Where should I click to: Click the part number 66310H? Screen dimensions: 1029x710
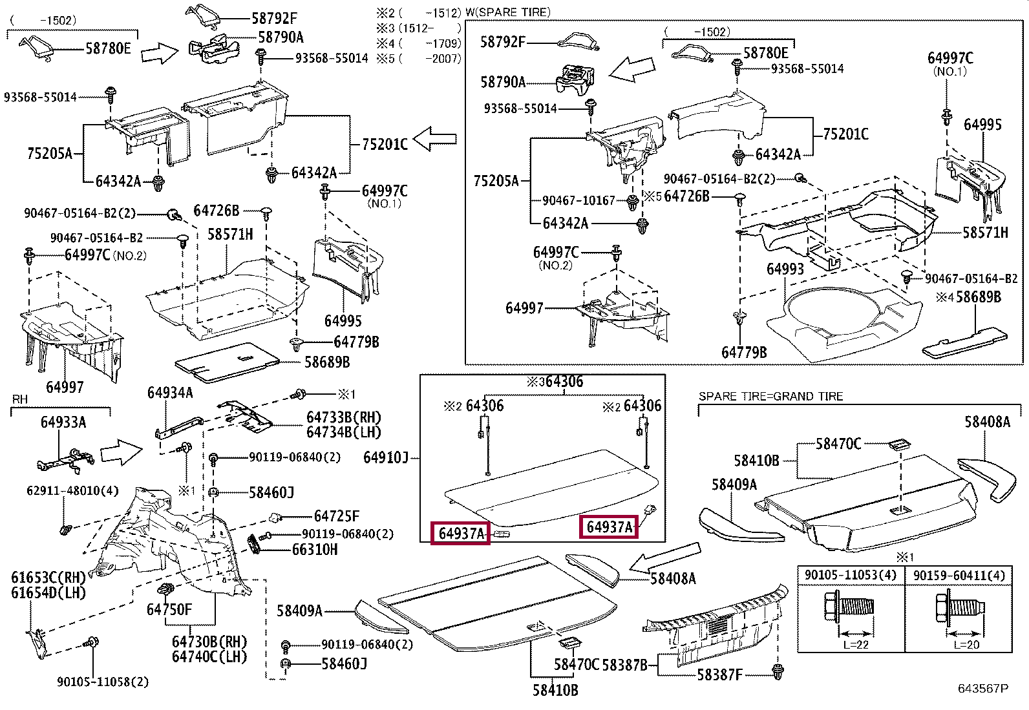pyautogui.click(x=315, y=548)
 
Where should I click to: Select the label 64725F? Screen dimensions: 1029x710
pyautogui.click(x=337, y=516)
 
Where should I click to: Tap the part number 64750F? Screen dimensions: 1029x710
pyautogui.click(x=169, y=609)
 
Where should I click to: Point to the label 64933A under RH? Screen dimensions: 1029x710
pyautogui.click(x=63, y=422)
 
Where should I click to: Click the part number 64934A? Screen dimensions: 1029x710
pyautogui.click(x=170, y=393)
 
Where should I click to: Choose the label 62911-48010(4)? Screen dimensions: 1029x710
pyautogui.click(x=72, y=491)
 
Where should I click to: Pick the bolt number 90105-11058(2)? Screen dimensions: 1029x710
pyautogui.click(x=103, y=682)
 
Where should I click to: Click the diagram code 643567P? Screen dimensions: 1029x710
pyautogui.click(x=983, y=688)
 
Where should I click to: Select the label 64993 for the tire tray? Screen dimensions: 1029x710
pyautogui.click(x=785, y=269)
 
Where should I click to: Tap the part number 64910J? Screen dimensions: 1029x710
pyautogui.click(x=386, y=457)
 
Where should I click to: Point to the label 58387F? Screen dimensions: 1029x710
pyautogui.click(x=720, y=674)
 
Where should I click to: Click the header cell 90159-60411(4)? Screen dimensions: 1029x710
pyautogui.click(x=959, y=576)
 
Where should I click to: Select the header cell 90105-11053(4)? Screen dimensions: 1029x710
pyautogui.click(x=851, y=576)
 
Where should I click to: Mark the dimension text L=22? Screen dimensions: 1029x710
pyautogui.click(x=856, y=645)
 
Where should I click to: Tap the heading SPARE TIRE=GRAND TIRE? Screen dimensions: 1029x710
pyautogui.click(x=771, y=396)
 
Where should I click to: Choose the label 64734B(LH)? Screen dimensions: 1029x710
pyautogui.click(x=344, y=432)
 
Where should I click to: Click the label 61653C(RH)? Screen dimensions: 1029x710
pyautogui.click(x=48, y=578)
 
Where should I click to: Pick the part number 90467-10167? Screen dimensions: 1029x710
pyautogui.click(x=578, y=200)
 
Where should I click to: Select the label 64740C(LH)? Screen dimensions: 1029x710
pyautogui.click(x=209, y=656)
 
